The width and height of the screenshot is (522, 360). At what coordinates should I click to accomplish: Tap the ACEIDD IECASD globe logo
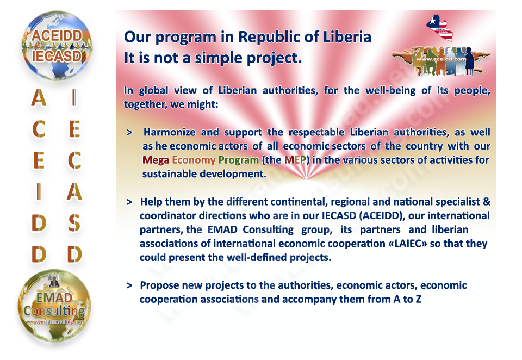point(57,46)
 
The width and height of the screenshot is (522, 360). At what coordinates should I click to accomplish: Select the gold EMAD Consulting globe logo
point(54,306)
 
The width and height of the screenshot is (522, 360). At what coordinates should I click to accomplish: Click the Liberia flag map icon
point(439,28)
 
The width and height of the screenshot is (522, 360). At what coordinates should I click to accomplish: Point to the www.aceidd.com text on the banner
point(441,59)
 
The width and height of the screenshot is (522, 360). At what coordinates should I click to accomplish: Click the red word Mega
point(156,160)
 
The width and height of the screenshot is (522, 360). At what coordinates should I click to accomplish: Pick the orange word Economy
point(194,160)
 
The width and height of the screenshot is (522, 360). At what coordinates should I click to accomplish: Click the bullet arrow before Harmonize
point(129,133)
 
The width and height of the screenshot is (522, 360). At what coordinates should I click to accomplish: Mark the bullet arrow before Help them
point(129,202)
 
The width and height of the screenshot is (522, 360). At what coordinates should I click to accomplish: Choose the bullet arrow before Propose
point(129,285)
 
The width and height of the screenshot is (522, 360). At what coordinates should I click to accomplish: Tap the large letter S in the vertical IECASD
point(74,223)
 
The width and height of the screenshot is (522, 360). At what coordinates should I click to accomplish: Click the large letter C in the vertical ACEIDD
point(39,129)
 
